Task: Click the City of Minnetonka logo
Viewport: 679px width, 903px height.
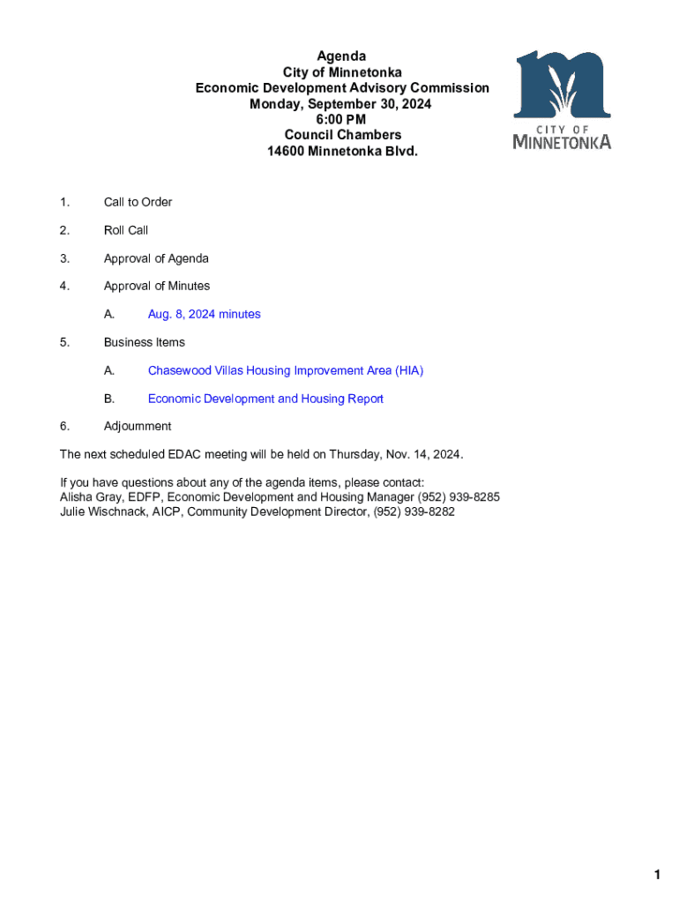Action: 562,99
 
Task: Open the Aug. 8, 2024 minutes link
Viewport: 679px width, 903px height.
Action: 204,315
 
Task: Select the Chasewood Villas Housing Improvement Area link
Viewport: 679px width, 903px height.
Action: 285,371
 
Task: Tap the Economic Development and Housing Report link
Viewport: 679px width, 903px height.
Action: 265,399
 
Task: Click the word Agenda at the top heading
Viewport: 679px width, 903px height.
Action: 341,56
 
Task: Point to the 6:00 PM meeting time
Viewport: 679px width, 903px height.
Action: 341,119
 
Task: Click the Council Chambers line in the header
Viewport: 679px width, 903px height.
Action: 342,135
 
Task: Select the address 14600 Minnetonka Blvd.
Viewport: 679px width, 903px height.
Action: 342,151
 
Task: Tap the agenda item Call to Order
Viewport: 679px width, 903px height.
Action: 138,202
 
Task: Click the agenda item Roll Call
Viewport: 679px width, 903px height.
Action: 126,230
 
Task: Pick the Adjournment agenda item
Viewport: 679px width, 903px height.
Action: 138,427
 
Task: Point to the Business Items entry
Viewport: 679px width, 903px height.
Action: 144,342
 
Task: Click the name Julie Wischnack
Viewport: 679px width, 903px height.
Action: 104,512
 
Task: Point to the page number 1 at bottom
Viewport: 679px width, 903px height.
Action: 657,875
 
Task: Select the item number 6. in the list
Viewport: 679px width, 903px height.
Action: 64,427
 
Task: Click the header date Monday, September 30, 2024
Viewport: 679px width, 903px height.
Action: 341,104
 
